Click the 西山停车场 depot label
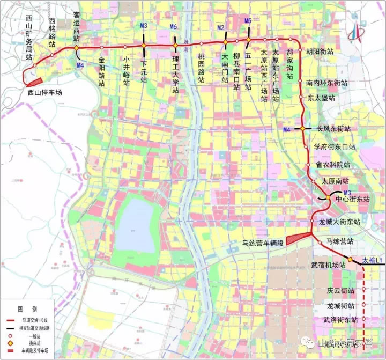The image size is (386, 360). (x=45, y=92)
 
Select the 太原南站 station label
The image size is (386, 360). (x=335, y=181)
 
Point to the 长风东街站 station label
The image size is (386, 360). (x=333, y=129)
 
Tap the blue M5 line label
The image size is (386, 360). (x=248, y=21)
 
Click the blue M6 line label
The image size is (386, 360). (x=173, y=26)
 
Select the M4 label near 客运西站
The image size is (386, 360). (x=80, y=65)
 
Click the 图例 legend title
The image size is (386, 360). (x=27, y=310)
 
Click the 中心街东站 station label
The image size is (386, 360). (x=353, y=199)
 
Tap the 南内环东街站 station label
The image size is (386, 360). (x=327, y=84)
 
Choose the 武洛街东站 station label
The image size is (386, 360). (x=340, y=320)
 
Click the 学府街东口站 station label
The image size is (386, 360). (x=335, y=147)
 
